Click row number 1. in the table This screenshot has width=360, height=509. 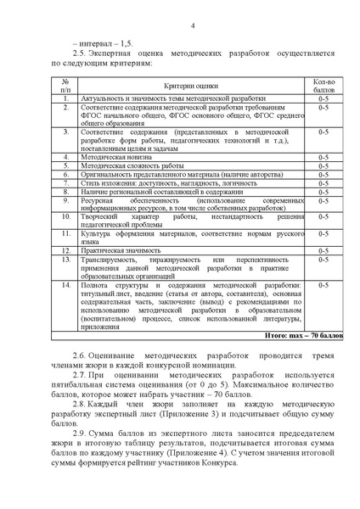66,99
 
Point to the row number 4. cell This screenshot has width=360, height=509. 66,157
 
